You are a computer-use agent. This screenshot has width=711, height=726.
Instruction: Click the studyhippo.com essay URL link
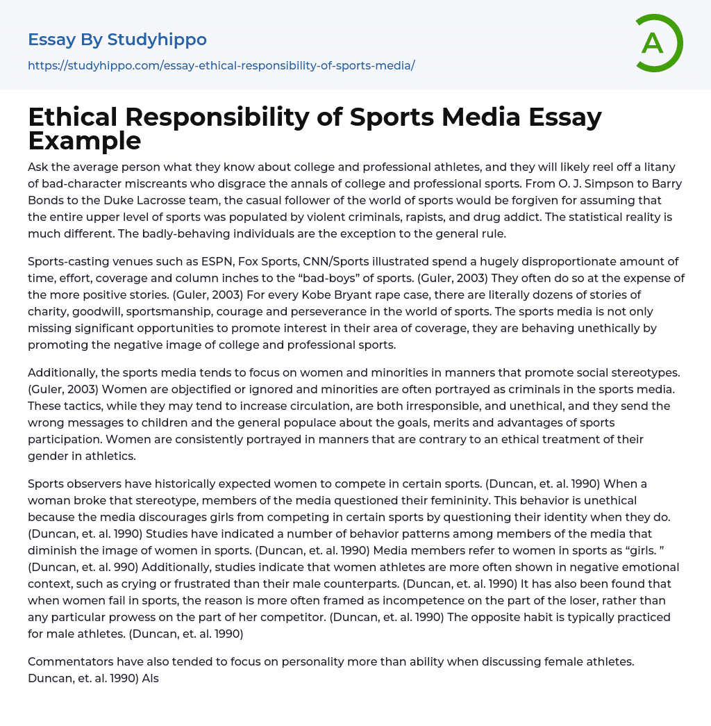[221, 65]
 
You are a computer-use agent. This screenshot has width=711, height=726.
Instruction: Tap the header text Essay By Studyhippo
[117, 40]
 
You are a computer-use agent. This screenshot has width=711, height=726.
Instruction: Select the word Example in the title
[85, 140]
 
